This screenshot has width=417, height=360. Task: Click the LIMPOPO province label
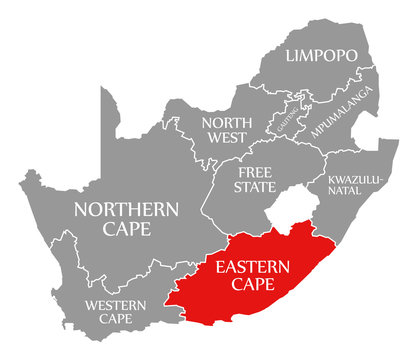click(x=321, y=57)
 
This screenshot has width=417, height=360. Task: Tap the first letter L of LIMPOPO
click(x=291, y=57)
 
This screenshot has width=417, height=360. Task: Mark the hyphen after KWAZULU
click(x=370, y=182)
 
